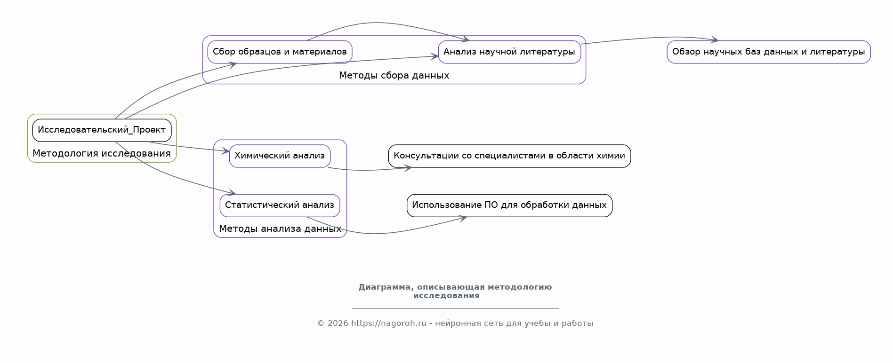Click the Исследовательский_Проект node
pyautogui.click(x=102, y=130)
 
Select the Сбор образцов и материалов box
pyautogui.click(x=280, y=52)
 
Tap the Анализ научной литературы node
pyautogui.click(x=509, y=52)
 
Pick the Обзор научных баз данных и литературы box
pyautogui.click(x=769, y=52)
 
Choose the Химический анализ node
pyautogui.click(x=280, y=156)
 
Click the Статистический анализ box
pyautogui.click(x=280, y=205)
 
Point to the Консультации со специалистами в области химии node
pyautogui.click(x=509, y=156)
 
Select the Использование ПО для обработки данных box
pyautogui.click(x=509, y=205)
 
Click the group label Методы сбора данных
pyautogui.click(x=394, y=75)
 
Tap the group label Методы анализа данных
pyautogui.click(x=280, y=229)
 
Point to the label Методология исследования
pyautogui.click(x=102, y=154)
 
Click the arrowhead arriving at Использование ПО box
pyautogui.click(x=463, y=218)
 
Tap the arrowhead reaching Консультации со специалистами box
pyautogui.click(x=408, y=167)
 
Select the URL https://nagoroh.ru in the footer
pyautogui.click(x=388, y=324)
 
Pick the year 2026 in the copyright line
pyautogui.click(x=338, y=324)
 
